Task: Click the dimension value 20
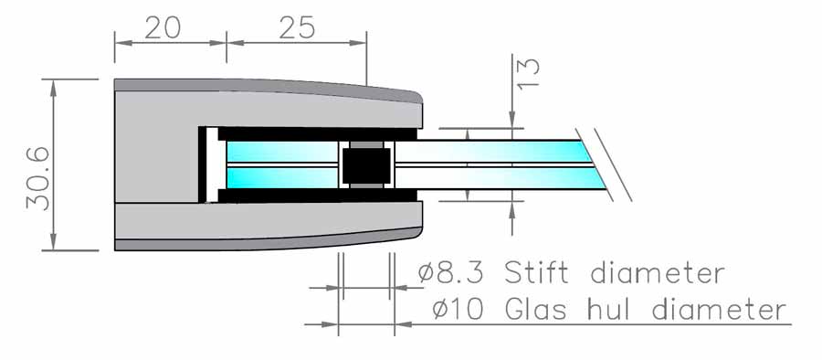pos(163,27)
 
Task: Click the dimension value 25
pos(297,27)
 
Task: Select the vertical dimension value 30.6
pos(38,178)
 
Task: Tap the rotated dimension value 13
pos(529,73)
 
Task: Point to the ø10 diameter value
pos(458,309)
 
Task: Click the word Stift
pos(536,273)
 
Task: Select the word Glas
pos(536,309)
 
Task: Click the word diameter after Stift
pos(658,273)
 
